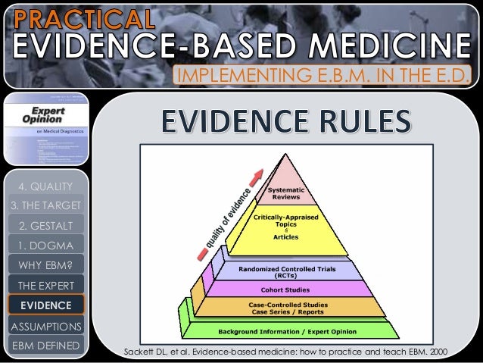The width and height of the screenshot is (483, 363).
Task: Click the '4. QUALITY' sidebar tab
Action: pos(45,186)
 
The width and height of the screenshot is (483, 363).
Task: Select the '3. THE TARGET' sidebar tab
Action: pos(45,205)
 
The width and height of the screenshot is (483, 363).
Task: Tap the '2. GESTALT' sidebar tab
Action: pos(45,225)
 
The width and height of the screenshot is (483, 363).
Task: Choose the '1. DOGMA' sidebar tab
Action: pos(45,246)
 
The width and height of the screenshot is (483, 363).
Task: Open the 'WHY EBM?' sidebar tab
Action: pos(45,265)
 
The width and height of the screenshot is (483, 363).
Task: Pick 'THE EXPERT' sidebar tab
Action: pos(45,286)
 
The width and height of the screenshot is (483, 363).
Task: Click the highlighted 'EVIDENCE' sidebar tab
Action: pos(46,305)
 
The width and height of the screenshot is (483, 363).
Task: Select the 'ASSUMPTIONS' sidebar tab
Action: pos(45,327)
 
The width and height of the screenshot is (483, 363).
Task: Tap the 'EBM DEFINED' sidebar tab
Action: pos(45,346)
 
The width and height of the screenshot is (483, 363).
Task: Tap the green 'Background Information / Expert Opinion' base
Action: pos(288,331)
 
